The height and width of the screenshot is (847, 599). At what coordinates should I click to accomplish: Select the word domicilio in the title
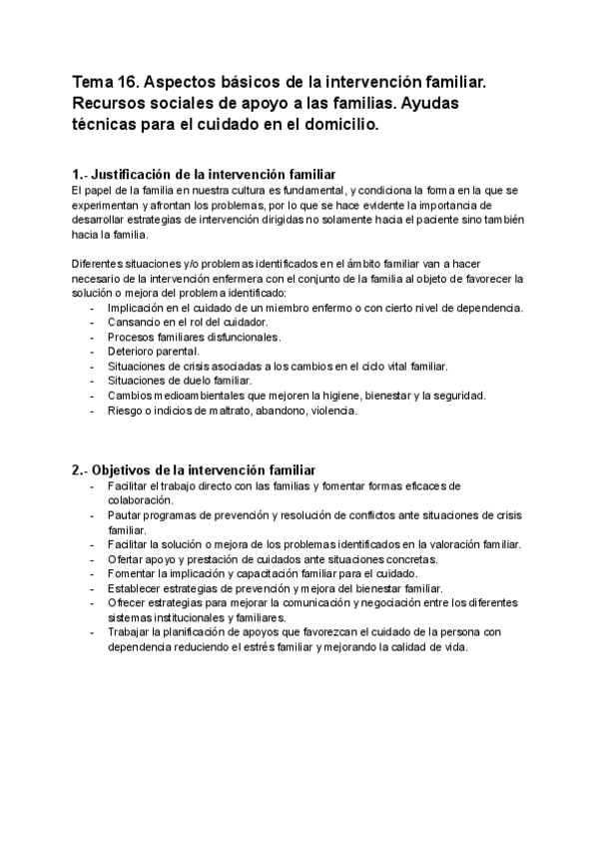click(336, 126)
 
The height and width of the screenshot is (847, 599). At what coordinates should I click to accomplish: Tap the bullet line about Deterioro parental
click(154, 352)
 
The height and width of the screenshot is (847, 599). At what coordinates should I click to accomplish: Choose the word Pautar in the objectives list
click(125, 514)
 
